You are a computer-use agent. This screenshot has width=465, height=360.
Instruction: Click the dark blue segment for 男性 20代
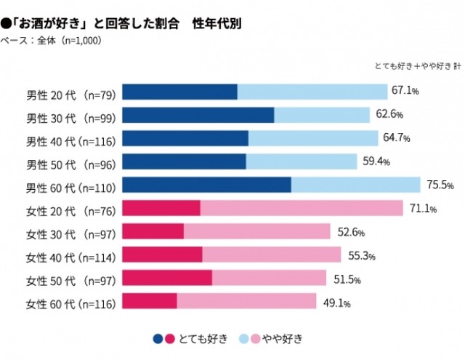(179, 92)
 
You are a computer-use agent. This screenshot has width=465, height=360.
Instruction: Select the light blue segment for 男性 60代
(355, 185)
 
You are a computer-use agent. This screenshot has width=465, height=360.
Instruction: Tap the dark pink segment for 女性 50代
(167, 278)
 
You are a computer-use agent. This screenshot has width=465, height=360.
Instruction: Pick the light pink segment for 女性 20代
(301, 208)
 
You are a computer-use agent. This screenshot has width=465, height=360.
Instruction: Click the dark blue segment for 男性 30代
(198, 115)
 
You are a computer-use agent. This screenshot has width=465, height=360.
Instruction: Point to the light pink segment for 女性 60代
(246, 301)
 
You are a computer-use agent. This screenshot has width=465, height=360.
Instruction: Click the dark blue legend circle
(158, 338)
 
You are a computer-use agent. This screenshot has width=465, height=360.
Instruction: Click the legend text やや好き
(283, 338)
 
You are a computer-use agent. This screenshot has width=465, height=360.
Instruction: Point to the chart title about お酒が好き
(124, 23)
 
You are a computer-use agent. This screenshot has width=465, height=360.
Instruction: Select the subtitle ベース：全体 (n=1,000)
(51, 40)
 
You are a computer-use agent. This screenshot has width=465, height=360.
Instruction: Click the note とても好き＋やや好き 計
(417, 66)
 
